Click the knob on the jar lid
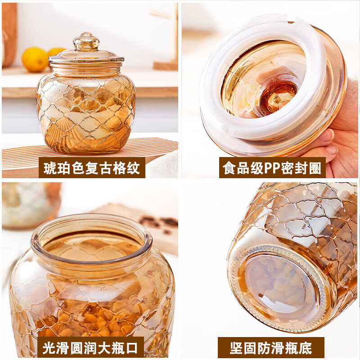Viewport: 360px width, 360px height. pos(86,41)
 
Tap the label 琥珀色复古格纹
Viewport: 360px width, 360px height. pos(92,167)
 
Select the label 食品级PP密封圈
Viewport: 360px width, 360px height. pos(272,167)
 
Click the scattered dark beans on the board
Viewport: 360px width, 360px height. pos(160,222)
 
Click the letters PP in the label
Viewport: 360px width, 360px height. pos(273,167)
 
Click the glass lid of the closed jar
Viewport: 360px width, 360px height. pos(86,56)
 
